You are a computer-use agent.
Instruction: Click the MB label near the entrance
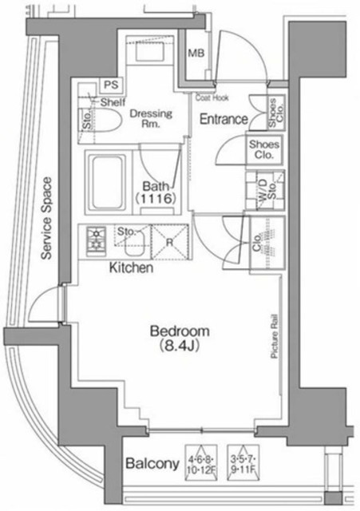click(x=195, y=54)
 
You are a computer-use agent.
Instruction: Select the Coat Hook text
click(x=212, y=98)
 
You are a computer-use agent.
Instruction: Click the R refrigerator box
click(x=169, y=243)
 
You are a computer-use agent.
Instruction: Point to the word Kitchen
click(x=131, y=269)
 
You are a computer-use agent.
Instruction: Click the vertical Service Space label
click(x=47, y=217)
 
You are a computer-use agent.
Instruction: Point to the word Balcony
click(x=152, y=463)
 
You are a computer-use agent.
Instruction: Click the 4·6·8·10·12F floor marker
click(x=200, y=461)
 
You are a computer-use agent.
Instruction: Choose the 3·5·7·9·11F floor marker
click(x=243, y=461)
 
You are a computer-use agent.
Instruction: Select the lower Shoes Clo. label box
click(x=263, y=150)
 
